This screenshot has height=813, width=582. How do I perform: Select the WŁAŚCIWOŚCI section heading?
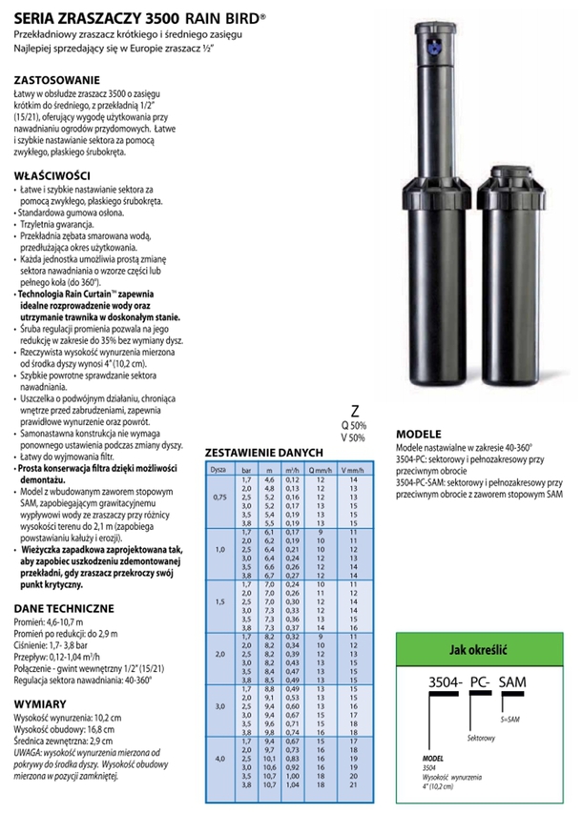click(x=52, y=175)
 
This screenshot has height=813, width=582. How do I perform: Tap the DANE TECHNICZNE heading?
click(x=65, y=607)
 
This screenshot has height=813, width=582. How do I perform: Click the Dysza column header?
click(x=218, y=471)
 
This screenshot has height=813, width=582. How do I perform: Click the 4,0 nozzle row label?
click(x=219, y=758)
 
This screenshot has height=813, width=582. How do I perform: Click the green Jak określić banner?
click(x=484, y=649)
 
